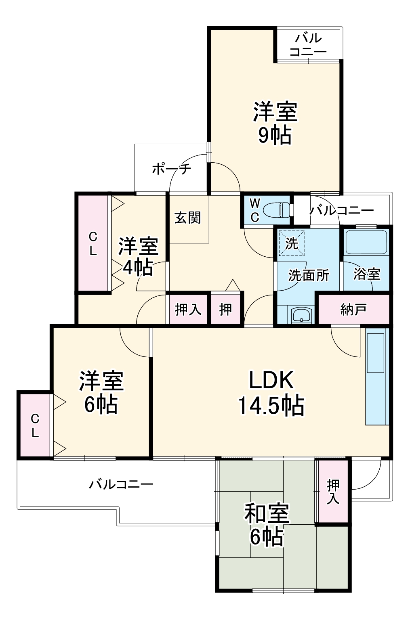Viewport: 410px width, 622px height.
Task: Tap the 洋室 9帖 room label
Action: [275, 123]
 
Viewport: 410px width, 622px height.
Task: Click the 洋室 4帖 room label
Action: [138, 257]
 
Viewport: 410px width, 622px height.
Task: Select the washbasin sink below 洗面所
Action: [301, 315]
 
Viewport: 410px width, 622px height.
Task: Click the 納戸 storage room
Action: [353, 310]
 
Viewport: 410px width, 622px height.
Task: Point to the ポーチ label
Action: [171, 169]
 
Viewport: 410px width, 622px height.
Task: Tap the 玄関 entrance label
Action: [188, 218]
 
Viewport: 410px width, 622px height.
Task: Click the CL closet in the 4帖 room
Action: [93, 243]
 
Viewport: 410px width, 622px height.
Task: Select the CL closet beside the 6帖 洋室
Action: [35, 425]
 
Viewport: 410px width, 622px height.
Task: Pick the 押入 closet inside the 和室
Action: [333, 491]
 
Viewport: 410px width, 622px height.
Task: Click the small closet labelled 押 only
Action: [226, 310]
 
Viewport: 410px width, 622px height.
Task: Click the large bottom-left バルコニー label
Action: [121, 484]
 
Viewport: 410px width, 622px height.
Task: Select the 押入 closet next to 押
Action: [188, 310]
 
